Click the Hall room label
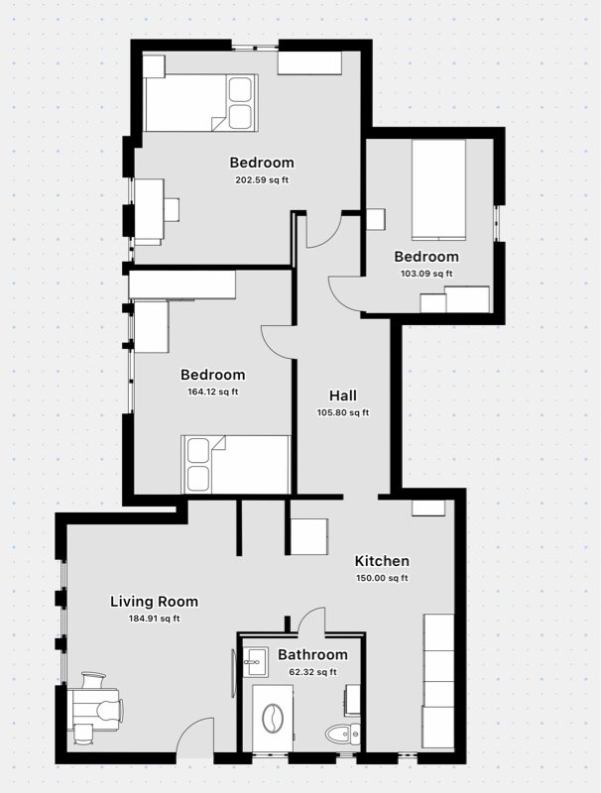click(342, 396)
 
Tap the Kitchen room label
click(382, 561)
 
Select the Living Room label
click(154, 601)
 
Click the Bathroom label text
click(312, 654)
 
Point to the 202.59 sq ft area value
click(262, 180)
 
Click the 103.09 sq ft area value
click(425, 274)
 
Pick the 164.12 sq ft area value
click(212, 392)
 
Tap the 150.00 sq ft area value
click(382, 578)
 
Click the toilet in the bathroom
click(342, 735)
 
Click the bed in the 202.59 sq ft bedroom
click(201, 102)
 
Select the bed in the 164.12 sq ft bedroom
click(235, 464)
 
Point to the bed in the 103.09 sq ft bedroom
click(438, 188)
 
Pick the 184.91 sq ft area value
click(154, 619)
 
